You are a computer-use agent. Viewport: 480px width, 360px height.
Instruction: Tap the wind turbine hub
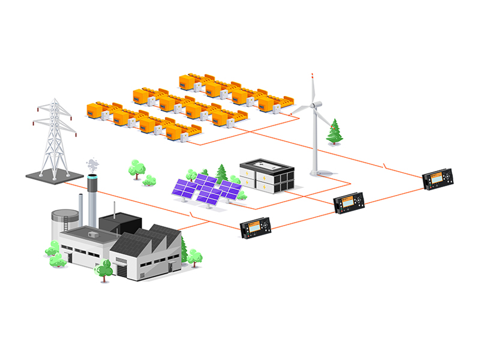point(312,106)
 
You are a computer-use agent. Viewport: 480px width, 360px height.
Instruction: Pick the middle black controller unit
point(349,205)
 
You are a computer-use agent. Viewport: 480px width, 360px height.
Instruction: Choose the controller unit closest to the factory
point(256,227)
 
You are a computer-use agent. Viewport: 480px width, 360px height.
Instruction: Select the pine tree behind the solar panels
point(221,173)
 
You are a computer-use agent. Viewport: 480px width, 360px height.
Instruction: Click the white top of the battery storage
point(266,164)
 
